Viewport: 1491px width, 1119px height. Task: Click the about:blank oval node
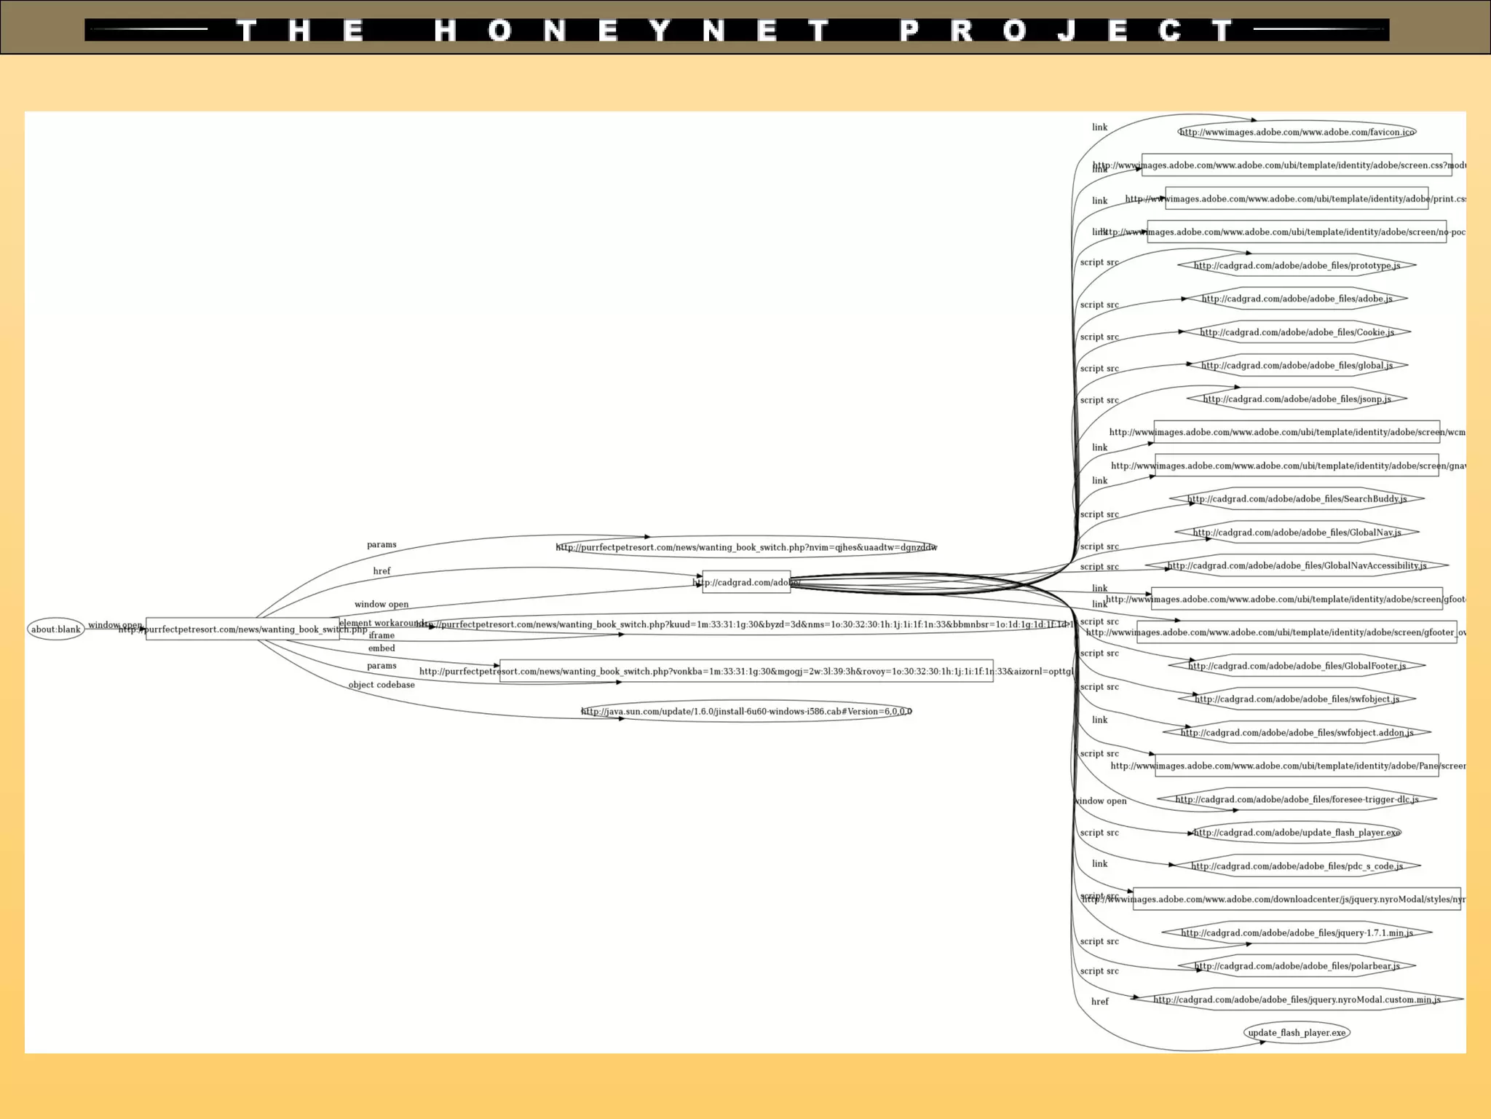click(56, 629)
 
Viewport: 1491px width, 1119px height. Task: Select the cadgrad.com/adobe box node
click(746, 582)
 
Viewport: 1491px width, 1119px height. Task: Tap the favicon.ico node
click(1297, 132)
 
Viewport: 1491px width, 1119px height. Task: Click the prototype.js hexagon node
click(1297, 265)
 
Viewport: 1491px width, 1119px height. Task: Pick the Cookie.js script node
click(1297, 332)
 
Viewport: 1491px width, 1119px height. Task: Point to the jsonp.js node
click(1297, 398)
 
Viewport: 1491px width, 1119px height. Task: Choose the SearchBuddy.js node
click(1297, 499)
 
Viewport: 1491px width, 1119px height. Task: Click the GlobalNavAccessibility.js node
click(1297, 565)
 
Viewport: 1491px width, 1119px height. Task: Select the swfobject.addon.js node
click(1297, 732)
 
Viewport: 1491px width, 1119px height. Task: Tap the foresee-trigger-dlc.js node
click(1297, 799)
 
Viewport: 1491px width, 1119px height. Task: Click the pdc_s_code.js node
click(1297, 865)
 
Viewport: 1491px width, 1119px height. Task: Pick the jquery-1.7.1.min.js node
click(1297, 932)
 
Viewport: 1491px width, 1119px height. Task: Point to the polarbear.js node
click(1297, 966)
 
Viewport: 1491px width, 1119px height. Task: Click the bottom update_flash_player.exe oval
click(1297, 1032)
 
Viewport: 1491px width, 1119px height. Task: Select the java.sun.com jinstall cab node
click(746, 711)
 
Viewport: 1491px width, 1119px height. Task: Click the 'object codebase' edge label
click(381, 685)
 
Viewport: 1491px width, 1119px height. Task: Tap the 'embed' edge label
click(381, 648)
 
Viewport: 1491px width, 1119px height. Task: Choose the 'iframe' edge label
click(381, 635)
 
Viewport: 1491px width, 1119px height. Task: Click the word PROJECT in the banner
click(1067, 31)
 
